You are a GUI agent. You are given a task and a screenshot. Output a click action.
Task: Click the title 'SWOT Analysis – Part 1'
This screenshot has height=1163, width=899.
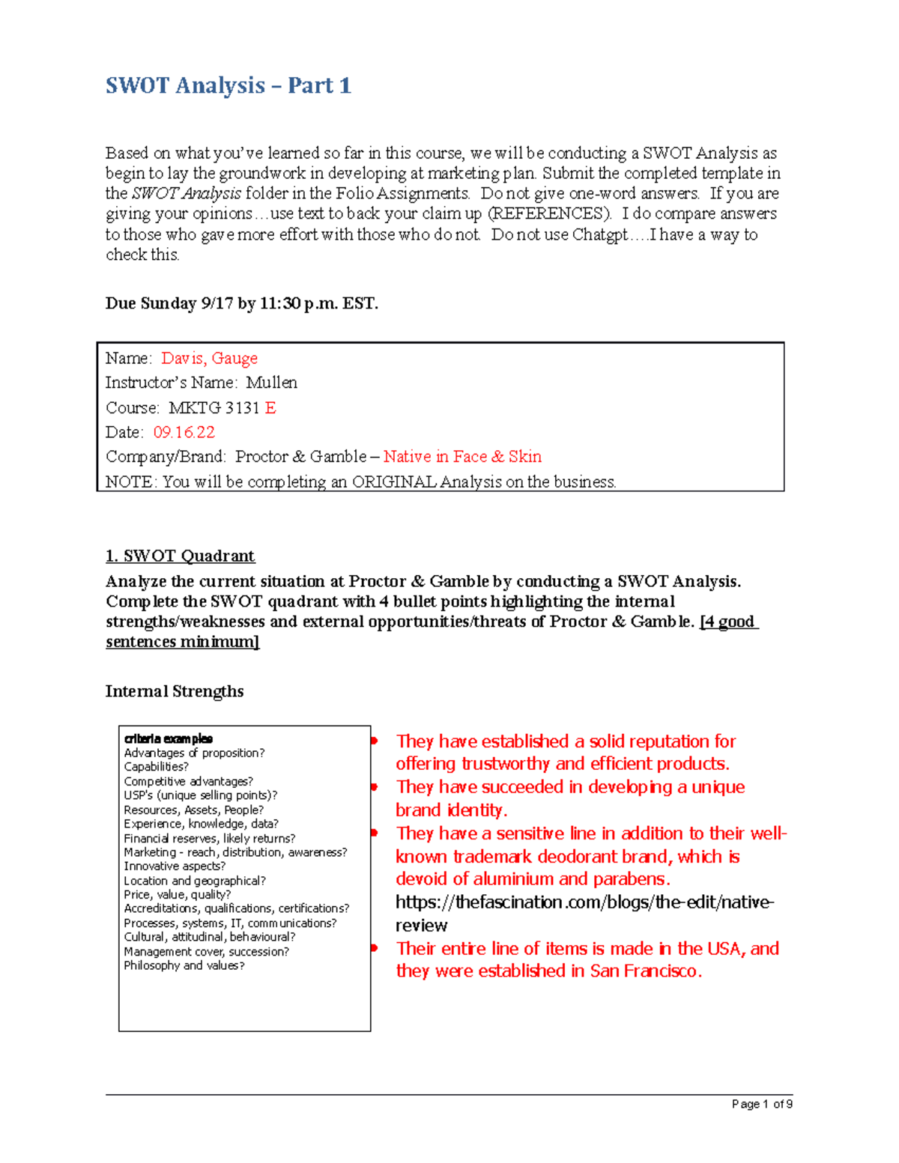click(x=228, y=85)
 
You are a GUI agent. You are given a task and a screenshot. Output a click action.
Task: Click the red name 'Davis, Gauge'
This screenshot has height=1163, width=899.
click(x=209, y=358)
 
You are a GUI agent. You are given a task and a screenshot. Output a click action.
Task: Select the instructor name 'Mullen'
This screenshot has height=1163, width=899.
click(x=271, y=383)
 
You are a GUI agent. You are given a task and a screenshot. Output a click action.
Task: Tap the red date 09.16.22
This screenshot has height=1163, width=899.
click(x=184, y=432)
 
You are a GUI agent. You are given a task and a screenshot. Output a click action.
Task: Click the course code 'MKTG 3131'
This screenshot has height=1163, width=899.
click(x=214, y=408)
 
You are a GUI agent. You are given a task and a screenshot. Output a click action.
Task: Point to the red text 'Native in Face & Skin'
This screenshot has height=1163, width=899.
click(x=462, y=457)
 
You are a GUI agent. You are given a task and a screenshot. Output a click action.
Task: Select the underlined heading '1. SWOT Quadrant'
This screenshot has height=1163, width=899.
click(x=180, y=556)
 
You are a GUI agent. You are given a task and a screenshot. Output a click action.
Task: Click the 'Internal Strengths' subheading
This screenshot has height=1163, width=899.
click(x=174, y=691)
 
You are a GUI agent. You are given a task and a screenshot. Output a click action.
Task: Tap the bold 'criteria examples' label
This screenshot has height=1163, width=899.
click(x=168, y=739)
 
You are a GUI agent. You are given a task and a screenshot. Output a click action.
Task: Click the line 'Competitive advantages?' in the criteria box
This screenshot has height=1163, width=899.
click(x=188, y=781)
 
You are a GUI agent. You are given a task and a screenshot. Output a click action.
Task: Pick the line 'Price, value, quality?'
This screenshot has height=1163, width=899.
click(x=177, y=894)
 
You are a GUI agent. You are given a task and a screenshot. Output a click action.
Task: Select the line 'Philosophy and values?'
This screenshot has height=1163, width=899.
click(x=184, y=965)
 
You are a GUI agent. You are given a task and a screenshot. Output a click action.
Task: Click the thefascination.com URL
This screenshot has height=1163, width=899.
click(x=584, y=902)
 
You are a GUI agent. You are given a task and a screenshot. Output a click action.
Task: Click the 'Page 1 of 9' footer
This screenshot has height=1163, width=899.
click(x=761, y=1104)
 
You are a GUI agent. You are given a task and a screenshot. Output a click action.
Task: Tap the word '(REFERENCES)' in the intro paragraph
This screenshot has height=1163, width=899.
click(x=549, y=214)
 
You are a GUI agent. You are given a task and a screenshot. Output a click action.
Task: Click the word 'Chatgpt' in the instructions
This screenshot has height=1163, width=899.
click(x=600, y=234)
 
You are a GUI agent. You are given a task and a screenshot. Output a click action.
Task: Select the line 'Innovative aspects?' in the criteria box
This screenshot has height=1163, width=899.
click(x=174, y=866)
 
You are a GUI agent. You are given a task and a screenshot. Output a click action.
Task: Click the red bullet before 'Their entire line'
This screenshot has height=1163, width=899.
click(x=374, y=948)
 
